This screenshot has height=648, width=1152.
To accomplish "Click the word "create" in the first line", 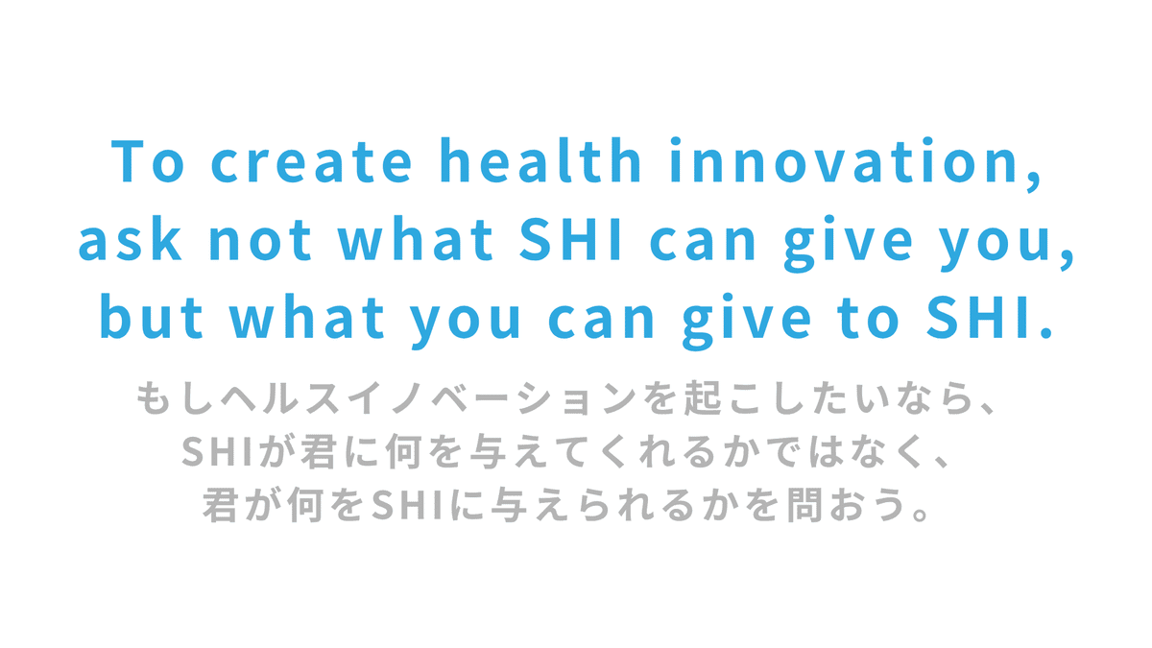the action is (312, 161).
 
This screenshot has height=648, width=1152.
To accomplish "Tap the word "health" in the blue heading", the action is (540, 160).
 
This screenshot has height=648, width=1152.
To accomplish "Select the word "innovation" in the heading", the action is (844, 160).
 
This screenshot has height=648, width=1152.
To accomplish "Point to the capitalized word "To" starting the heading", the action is (148, 161).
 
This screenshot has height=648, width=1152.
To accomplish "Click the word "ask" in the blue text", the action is (130, 239).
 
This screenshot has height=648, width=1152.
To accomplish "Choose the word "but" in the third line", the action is (152, 316).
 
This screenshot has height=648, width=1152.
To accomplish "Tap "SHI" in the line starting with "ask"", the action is (570, 239).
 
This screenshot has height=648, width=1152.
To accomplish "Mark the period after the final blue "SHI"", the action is (1045, 333).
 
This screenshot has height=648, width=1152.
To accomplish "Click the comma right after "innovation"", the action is (1034, 180).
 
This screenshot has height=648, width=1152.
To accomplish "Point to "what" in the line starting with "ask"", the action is (415, 239).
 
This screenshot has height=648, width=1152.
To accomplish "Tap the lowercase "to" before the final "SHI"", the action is (869, 319).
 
